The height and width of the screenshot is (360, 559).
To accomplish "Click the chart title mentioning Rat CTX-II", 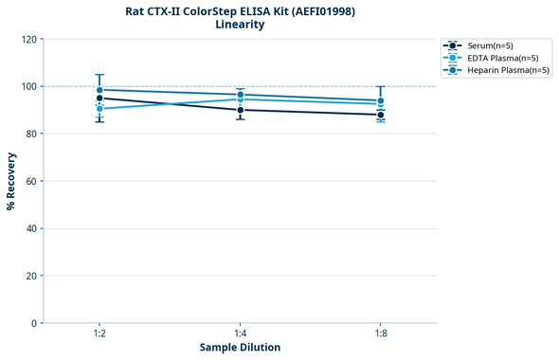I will coord(240,10).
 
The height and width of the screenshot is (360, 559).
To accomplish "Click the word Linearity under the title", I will coord(240,25).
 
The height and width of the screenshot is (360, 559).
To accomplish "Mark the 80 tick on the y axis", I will coord(31,134).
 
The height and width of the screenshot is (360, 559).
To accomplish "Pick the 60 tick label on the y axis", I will coord(31,181).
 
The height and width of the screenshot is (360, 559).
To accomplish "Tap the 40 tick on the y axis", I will coord(31,228).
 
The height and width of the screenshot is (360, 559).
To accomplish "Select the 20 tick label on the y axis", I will coord(31,276).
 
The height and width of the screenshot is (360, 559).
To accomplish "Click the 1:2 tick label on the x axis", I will coord(99,333).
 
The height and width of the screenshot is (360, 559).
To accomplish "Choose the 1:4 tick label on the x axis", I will coord(240,333).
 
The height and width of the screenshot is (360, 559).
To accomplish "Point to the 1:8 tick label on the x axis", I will coord(380,333).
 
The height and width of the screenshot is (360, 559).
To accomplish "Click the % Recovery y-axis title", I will coord(11,181).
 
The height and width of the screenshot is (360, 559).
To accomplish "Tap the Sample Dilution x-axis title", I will coord(240,348).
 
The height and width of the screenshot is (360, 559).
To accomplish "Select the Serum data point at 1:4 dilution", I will coord(240,110).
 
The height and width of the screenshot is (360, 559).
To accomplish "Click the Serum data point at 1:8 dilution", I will coord(380,115).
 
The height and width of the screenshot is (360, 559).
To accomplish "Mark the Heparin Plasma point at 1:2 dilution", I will coord(99,90).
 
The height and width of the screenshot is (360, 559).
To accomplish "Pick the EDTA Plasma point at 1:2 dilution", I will coord(99,109).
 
